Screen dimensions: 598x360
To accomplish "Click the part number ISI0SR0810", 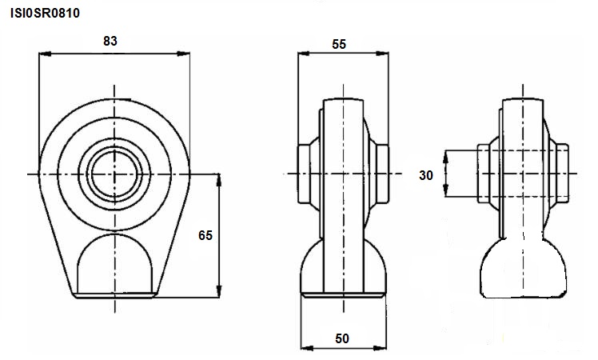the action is pos(45,13).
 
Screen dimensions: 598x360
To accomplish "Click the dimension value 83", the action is pos(110,41).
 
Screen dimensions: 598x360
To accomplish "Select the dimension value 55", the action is pos(339,44).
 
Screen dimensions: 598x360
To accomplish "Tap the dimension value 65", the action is pos(205,235).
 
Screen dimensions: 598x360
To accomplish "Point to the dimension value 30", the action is pos(426,175).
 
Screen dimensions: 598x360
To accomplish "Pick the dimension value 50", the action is pos(342,338).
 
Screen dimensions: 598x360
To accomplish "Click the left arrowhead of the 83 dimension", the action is pos(45,54).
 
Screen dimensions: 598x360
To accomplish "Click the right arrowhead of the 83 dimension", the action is pos(184,54).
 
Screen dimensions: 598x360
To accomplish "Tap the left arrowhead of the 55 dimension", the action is pos(304,54).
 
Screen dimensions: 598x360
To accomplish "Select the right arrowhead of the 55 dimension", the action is pos(382,54).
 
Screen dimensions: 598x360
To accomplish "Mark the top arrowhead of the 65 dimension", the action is pos(219,180).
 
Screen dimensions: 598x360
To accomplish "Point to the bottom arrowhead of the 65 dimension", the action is pos(219,291).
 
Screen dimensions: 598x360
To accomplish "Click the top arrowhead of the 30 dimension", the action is pos(445,157).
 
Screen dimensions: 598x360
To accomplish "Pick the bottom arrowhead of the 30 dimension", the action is pos(445,190).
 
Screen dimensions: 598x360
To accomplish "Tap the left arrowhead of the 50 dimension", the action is pos(307,348).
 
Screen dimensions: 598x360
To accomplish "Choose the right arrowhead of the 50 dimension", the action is pos(380,348).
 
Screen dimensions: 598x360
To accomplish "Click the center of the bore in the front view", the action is pos(114,174).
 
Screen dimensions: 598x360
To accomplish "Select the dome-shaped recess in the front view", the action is pos(114,263).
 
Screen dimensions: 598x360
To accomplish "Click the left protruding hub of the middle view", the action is pos(304,174).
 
